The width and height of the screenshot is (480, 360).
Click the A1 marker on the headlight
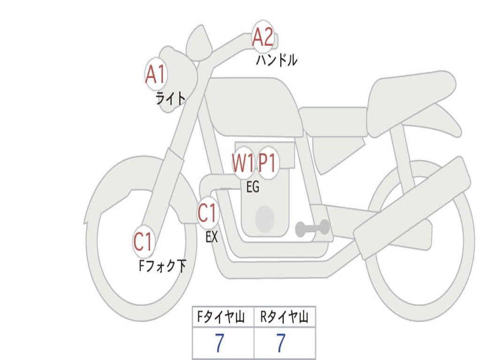156,74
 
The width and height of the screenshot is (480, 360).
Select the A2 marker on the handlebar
263,37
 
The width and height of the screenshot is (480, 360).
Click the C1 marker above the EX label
208,213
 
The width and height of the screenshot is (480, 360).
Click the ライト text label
170,98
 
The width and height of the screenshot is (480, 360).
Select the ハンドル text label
277,60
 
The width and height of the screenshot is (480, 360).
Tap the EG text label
253,187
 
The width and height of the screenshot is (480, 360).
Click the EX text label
211,237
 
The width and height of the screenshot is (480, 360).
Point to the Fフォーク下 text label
162,266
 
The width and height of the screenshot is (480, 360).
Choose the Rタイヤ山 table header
285,317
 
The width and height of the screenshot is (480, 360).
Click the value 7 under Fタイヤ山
219,344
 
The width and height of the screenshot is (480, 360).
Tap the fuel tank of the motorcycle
253,105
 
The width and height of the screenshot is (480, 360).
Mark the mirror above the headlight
199,42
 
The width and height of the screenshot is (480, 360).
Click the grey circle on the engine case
264,218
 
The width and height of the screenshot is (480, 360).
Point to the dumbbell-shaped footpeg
312,228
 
